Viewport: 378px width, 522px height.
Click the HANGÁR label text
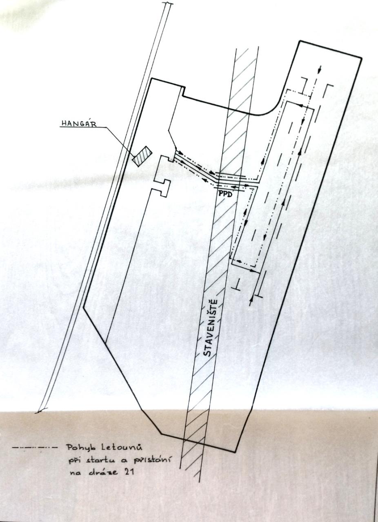[x=79, y=124]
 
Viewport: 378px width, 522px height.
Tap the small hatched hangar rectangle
[x=142, y=156]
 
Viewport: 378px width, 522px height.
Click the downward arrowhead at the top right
[x=320, y=69]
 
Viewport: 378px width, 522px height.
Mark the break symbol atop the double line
[x=167, y=4]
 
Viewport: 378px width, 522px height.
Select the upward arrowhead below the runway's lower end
[x=251, y=300]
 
